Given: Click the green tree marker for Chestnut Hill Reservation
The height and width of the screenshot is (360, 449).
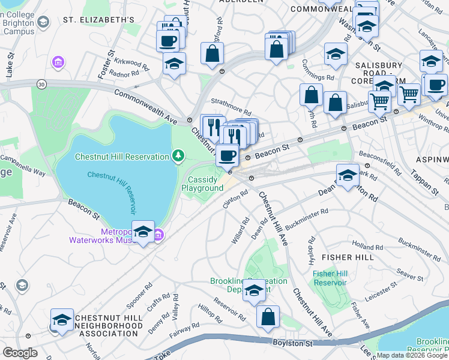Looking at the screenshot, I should click(x=178, y=157).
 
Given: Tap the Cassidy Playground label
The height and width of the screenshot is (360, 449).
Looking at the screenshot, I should click(x=202, y=184).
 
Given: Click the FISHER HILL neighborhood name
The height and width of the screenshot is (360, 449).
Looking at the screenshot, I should click(x=348, y=257).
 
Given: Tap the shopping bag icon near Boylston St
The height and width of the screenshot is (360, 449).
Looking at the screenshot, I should click(x=268, y=316).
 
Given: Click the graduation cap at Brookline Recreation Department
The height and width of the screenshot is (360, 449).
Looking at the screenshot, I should click(x=255, y=291).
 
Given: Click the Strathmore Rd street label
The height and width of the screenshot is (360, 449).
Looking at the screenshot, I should click(x=231, y=109).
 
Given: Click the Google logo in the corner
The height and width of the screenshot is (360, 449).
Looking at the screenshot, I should click(x=20, y=353).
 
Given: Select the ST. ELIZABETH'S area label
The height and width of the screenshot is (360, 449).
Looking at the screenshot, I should click(x=98, y=20).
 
